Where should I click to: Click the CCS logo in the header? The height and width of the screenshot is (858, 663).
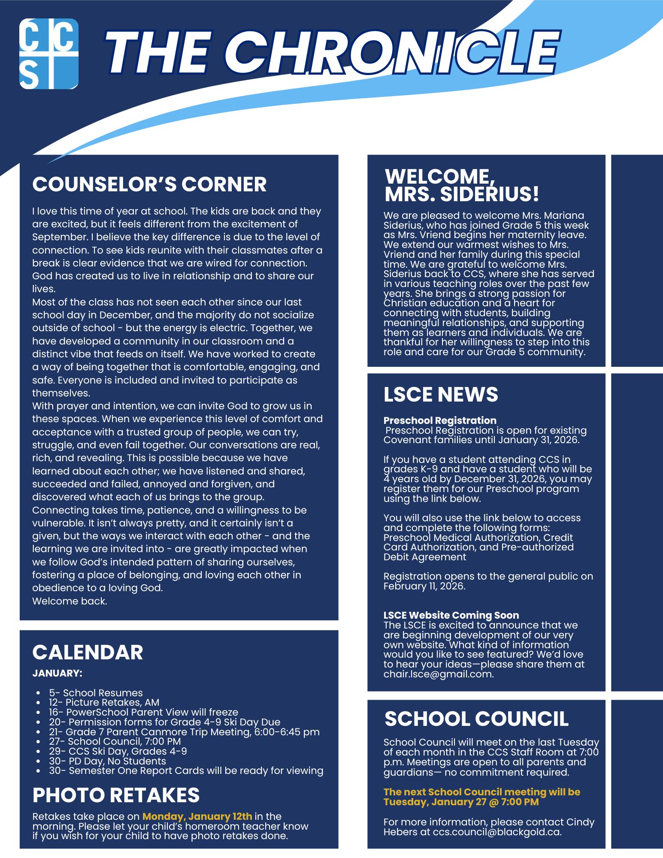coord(49,54)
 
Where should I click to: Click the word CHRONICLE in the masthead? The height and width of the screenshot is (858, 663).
coord(397,53)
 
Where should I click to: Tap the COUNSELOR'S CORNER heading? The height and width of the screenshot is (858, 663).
coord(149,184)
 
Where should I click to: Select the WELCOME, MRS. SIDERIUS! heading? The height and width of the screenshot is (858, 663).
coord(462,185)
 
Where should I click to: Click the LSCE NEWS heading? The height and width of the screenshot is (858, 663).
coord(441,395)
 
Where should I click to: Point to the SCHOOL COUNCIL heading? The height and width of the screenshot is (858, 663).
coord(476,719)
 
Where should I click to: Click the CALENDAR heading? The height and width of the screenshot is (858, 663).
coord(88,653)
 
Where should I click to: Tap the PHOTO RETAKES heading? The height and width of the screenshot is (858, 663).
coord(116,795)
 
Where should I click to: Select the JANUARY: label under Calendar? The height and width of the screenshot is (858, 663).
coord(57,673)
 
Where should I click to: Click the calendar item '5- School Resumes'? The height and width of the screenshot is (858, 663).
coord(95,693)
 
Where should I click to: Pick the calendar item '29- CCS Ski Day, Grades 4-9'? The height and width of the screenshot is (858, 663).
coord(118,751)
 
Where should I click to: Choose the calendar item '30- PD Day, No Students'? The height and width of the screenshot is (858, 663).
coord(107,761)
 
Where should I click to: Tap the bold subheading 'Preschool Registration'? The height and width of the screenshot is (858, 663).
coord(440,420)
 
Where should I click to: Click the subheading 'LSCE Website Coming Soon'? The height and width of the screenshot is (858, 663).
coord(451,615)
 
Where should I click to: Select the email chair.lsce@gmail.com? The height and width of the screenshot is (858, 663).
coord(438,674)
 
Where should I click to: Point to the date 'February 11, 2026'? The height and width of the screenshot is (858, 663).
coord(424,586)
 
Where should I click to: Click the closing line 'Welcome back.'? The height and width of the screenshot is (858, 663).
coord(70,601)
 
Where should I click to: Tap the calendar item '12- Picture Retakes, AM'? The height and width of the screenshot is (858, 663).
coord(104,702)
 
